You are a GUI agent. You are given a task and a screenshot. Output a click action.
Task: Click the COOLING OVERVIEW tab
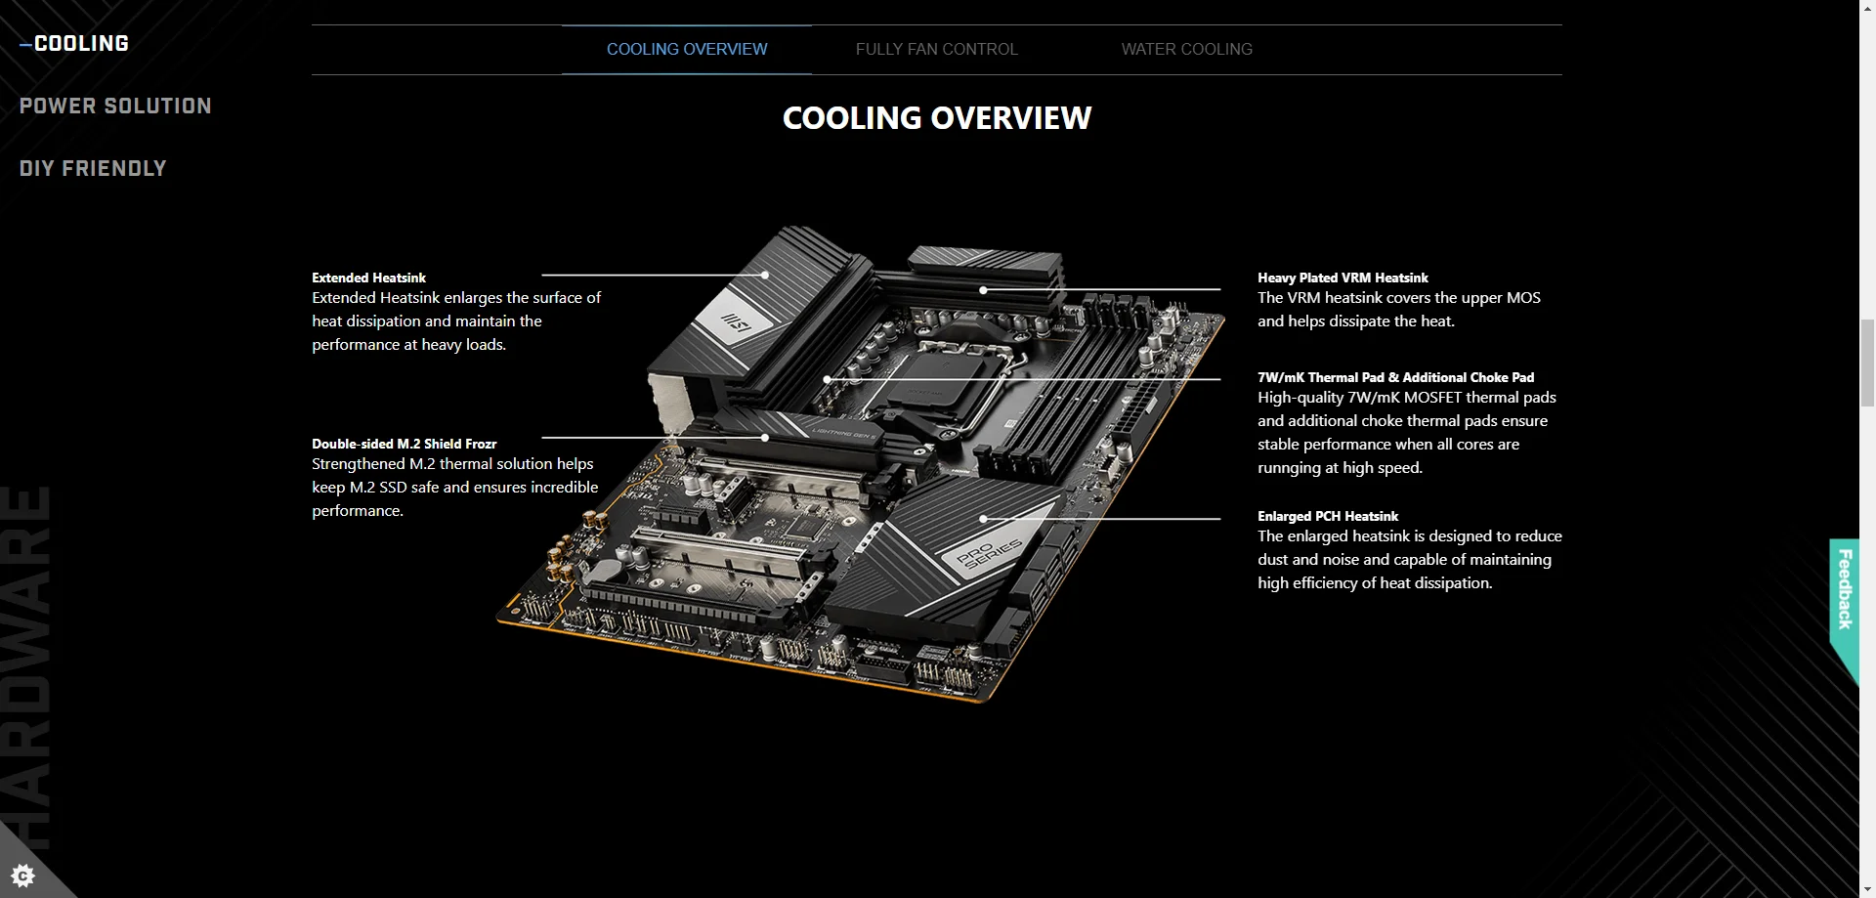[686, 49]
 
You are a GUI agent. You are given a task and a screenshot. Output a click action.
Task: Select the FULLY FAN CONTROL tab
[936, 49]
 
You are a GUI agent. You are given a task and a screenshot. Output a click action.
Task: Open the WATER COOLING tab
[1186, 49]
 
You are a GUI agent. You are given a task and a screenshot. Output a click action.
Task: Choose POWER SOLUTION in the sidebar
[115, 107]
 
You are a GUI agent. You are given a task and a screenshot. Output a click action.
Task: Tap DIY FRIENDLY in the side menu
[93, 169]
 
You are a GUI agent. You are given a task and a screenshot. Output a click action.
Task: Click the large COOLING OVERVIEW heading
[936, 118]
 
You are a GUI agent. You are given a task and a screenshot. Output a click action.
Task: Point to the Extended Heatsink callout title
[368, 278]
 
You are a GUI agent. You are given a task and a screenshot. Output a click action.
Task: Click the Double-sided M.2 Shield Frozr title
[404, 444]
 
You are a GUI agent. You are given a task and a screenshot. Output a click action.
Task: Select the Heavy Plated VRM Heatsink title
[1343, 278]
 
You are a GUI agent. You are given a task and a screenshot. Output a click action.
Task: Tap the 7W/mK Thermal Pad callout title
[1395, 377]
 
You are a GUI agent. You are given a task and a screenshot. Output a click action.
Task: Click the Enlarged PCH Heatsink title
[1327, 516]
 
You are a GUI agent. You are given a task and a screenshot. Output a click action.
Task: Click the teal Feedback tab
[1844, 588]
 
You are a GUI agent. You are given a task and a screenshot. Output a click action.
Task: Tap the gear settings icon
[22, 874]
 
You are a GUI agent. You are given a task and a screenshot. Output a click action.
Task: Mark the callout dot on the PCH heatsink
[983, 519]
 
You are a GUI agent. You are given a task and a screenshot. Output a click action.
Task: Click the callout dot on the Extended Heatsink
[764, 276]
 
